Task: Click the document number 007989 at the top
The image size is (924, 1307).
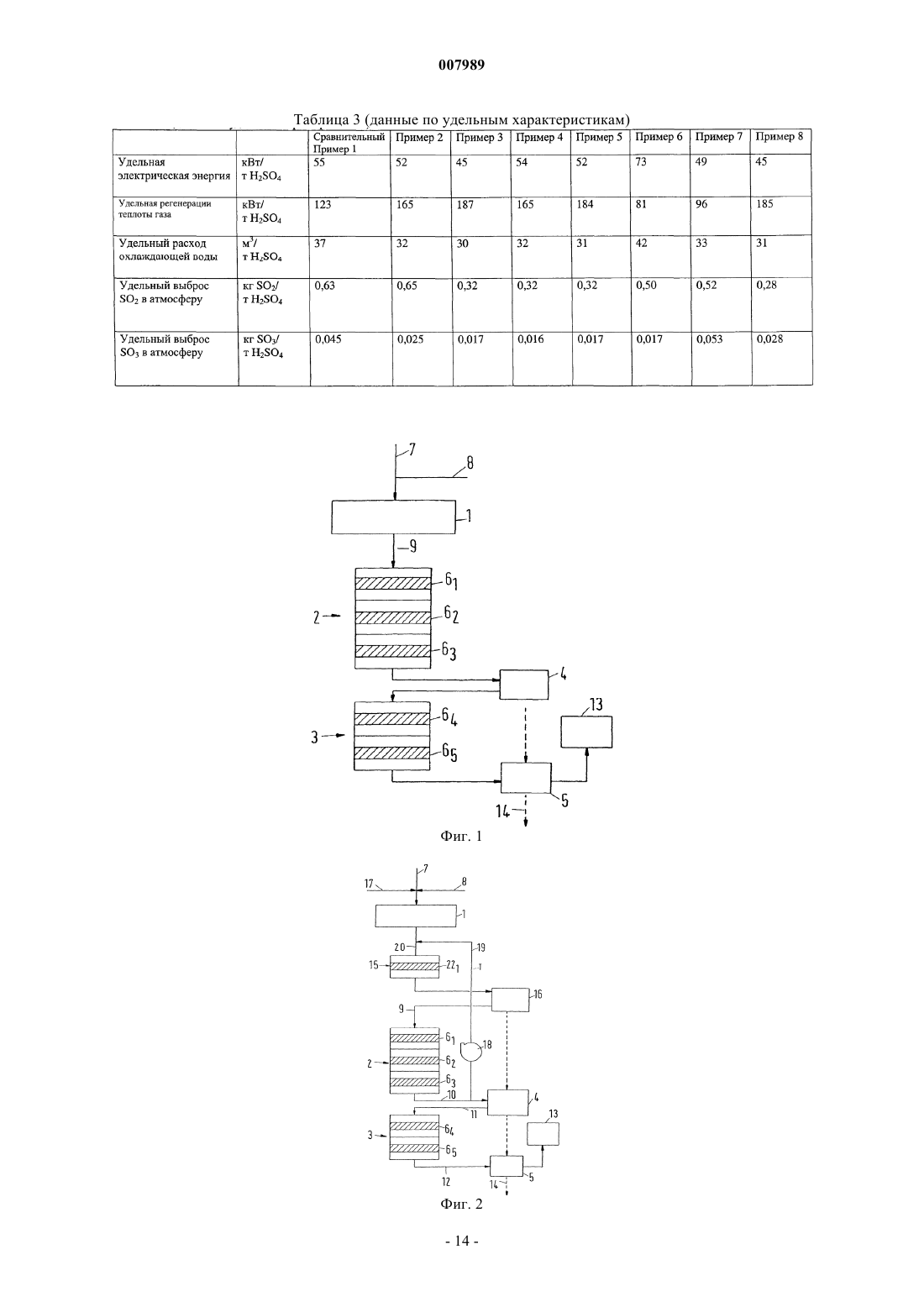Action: click(461, 65)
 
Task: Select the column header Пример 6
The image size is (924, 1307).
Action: click(659, 137)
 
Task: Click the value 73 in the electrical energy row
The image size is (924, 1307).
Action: click(641, 161)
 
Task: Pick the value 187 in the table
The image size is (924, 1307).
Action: click(465, 205)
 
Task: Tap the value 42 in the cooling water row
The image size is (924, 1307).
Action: click(642, 244)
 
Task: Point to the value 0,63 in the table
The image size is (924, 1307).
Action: click(325, 286)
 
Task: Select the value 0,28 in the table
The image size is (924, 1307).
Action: click(766, 286)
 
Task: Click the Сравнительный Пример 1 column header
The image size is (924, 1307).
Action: click(349, 143)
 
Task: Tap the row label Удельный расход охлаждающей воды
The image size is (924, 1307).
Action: click(168, 249)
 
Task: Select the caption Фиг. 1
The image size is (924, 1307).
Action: click(461, 836)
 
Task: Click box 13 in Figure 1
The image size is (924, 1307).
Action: click(586, 732)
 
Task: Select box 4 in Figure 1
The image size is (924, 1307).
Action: click(524, 685)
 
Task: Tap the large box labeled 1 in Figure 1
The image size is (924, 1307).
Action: click(394, 517)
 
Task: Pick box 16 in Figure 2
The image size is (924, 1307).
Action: click(511, 1000)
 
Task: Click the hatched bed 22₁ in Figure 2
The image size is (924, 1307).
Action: click(415, 966)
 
